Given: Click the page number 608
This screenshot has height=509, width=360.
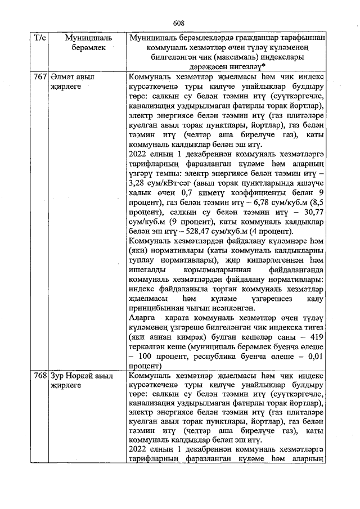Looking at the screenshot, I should (x=179, y=23).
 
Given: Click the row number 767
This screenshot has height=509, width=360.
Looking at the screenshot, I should (x=39, y=77).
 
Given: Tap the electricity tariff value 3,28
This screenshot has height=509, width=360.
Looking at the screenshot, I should (x=138, y=183).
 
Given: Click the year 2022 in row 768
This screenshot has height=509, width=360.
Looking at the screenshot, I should (x=139, y=451).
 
